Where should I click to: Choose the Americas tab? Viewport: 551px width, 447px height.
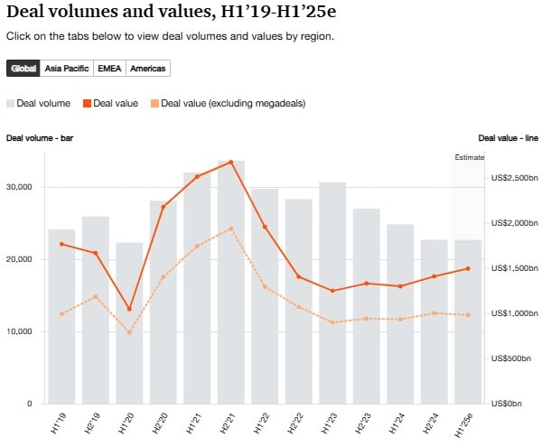pyautogui.click(x=148, y=69)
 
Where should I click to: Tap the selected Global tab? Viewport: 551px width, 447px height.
pyautogui.click(x=23, y=69)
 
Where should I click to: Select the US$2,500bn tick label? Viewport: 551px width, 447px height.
pyautogui.click(x=515, y=178)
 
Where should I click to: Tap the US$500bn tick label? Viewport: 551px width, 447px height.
pyautogui.click(x=513, y=359)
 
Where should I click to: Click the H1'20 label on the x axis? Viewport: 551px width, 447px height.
pyautogui.click(x=129, y=420)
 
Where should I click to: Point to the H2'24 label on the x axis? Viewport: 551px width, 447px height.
pyautogui.click(x=434, y=420)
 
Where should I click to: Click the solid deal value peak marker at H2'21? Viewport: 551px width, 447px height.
pyautogui.click(x=231, y=163)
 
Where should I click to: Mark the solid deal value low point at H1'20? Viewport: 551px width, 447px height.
pyautogui.click(x=129, y=309)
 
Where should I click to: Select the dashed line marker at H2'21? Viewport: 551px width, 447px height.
pyautogui.click(x=231, y=228)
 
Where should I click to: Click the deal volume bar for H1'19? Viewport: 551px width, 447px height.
pyautogui.click(x=61, y=316)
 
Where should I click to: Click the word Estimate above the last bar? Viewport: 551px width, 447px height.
pyautogui.click(x=469, y=158)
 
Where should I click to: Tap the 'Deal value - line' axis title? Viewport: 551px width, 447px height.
pyautogui.click(x=508, y=138)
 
